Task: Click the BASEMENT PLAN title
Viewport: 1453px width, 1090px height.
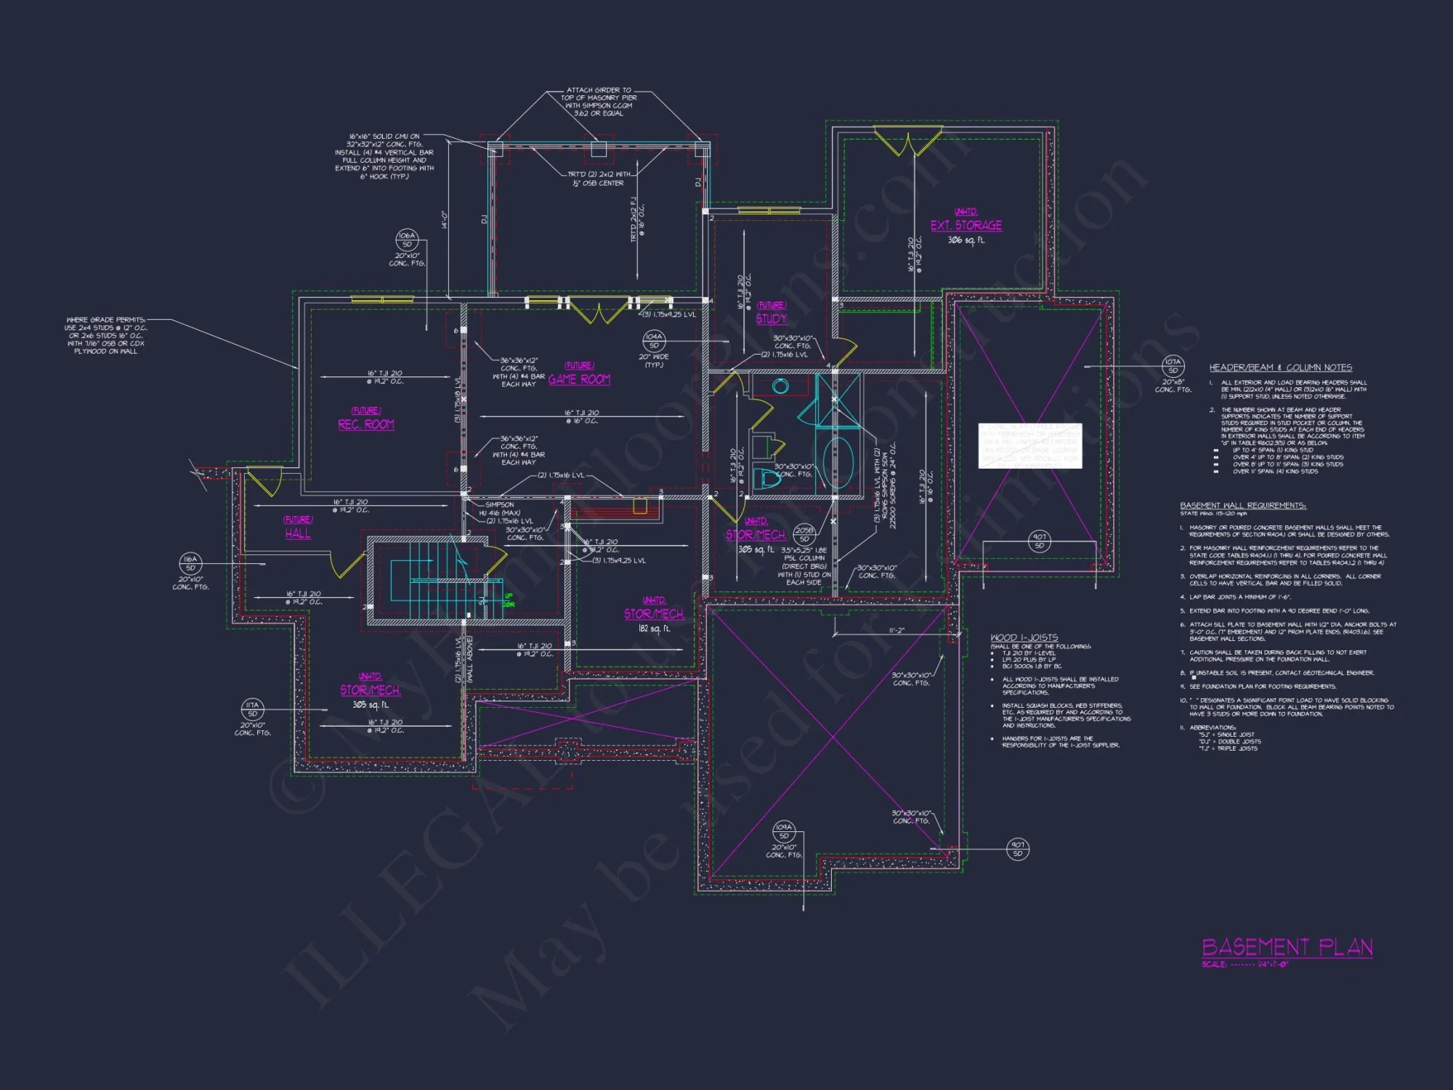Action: (1287, 947)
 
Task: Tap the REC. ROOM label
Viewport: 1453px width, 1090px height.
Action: (366, 424)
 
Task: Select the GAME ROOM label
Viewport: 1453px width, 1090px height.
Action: (579, 379)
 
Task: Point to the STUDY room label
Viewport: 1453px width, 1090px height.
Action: (771, 319)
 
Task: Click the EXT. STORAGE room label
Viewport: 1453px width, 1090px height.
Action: (966, 225)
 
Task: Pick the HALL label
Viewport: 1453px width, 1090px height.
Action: (298, 533)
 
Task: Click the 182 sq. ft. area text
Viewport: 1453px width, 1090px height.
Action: (654, 629)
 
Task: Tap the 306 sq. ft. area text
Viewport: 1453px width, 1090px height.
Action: (966, 241)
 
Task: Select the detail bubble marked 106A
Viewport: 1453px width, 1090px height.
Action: (407, 239)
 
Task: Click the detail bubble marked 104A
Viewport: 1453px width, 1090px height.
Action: (654, 340)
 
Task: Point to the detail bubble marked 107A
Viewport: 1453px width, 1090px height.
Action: (1173, 366)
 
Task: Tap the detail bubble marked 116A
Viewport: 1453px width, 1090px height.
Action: (190, 563)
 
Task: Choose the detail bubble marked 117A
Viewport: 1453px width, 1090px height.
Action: (252, 708)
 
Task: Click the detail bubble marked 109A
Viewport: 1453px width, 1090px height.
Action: (783, 831)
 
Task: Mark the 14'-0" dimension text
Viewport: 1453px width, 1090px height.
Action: (444, 219)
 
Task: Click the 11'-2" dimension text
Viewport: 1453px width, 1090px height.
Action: (897, 631)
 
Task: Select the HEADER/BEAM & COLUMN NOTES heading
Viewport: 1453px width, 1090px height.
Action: (1280, 368)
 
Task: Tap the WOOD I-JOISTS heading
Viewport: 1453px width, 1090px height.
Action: (1024, 637)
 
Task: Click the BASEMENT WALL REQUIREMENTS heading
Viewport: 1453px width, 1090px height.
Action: (1242, 506)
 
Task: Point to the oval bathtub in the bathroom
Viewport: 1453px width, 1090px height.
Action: (838, 462)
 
